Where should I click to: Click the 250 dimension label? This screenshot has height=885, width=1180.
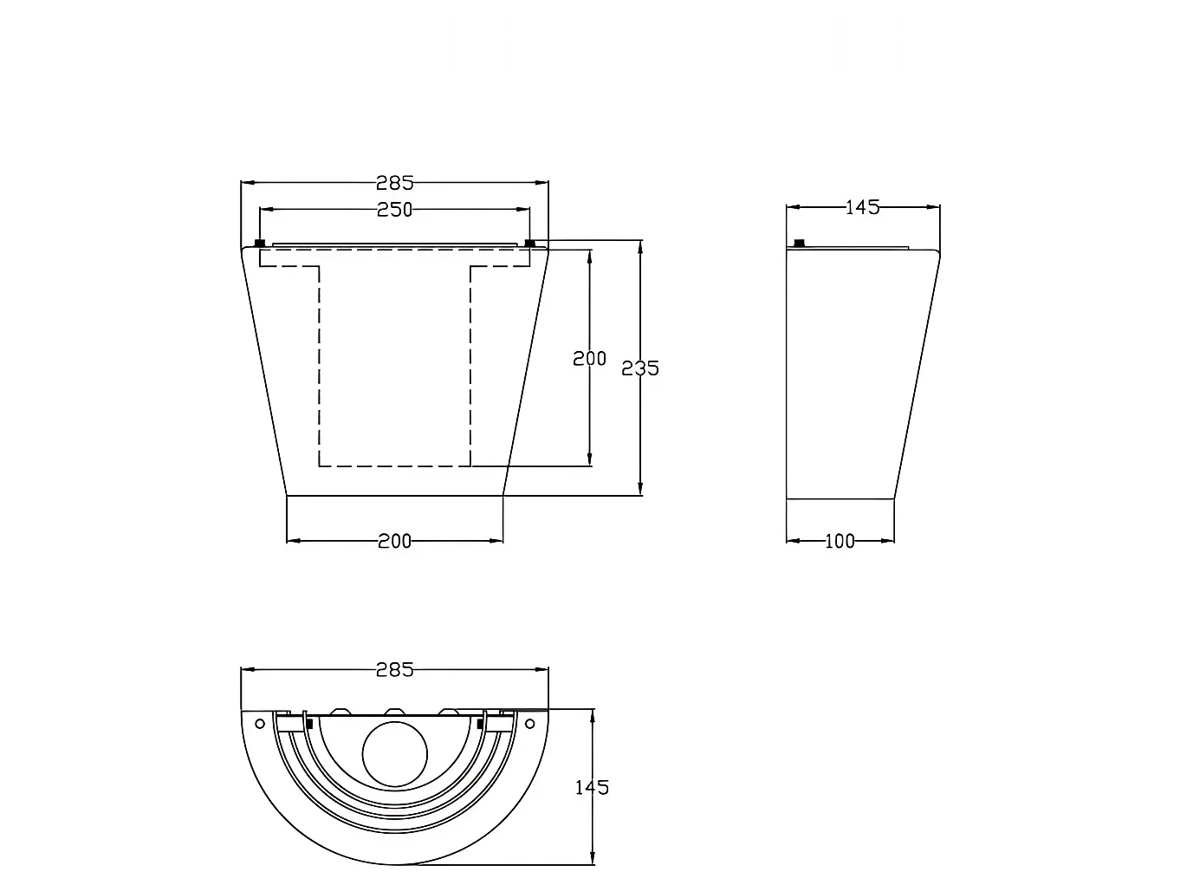point(394,210)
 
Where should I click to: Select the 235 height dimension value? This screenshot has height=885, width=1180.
point(639,368)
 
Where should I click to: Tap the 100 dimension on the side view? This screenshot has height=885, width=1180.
point(840,542)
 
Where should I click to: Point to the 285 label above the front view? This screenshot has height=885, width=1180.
point(394,184)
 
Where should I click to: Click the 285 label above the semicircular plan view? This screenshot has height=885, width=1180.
point(394,670)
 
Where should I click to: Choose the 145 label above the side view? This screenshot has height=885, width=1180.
point(862,207)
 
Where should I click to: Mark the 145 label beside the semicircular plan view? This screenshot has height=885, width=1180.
point(592,788)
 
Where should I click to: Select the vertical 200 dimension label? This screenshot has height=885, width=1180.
point(589,359)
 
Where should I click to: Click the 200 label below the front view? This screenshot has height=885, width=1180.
point(394,542)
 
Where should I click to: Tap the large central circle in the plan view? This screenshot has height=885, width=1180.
point(394,754)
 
